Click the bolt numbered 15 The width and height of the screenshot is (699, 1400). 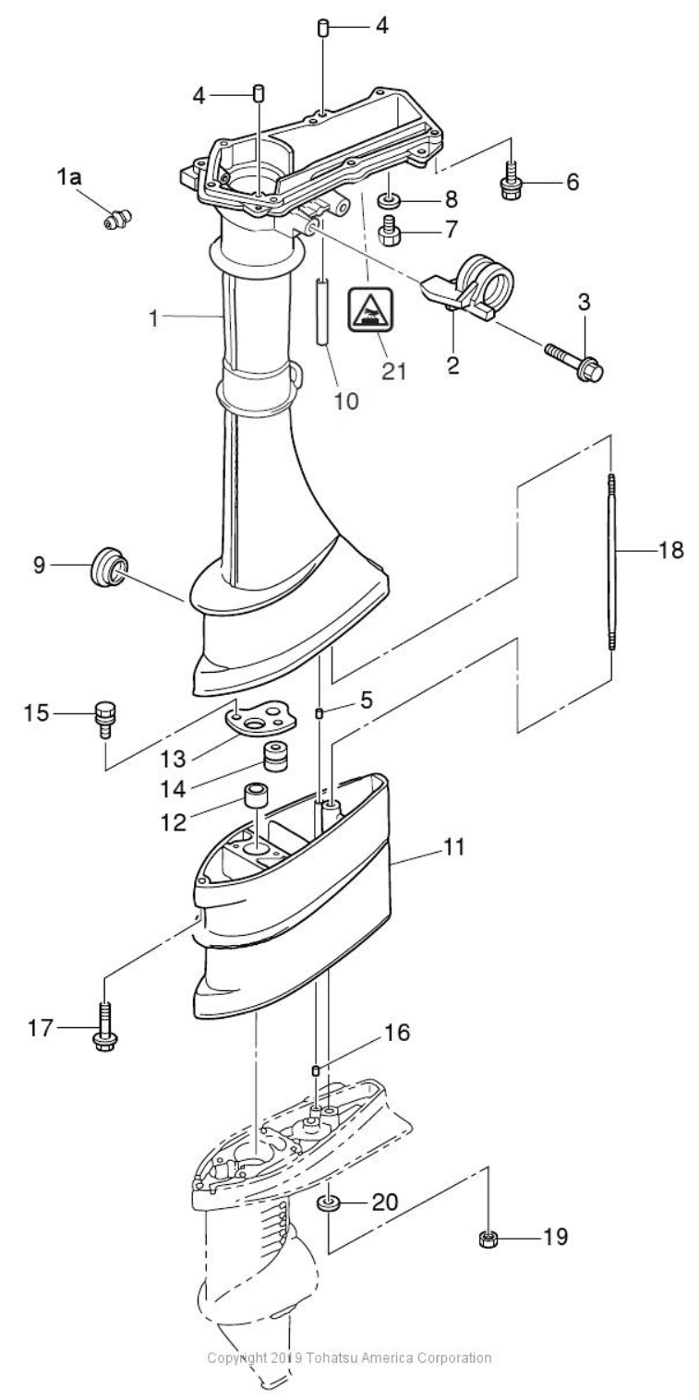click(104, 719)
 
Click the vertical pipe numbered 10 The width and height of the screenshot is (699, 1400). click(323, 311)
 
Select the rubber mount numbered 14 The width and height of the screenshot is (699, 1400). click(272, 757)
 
